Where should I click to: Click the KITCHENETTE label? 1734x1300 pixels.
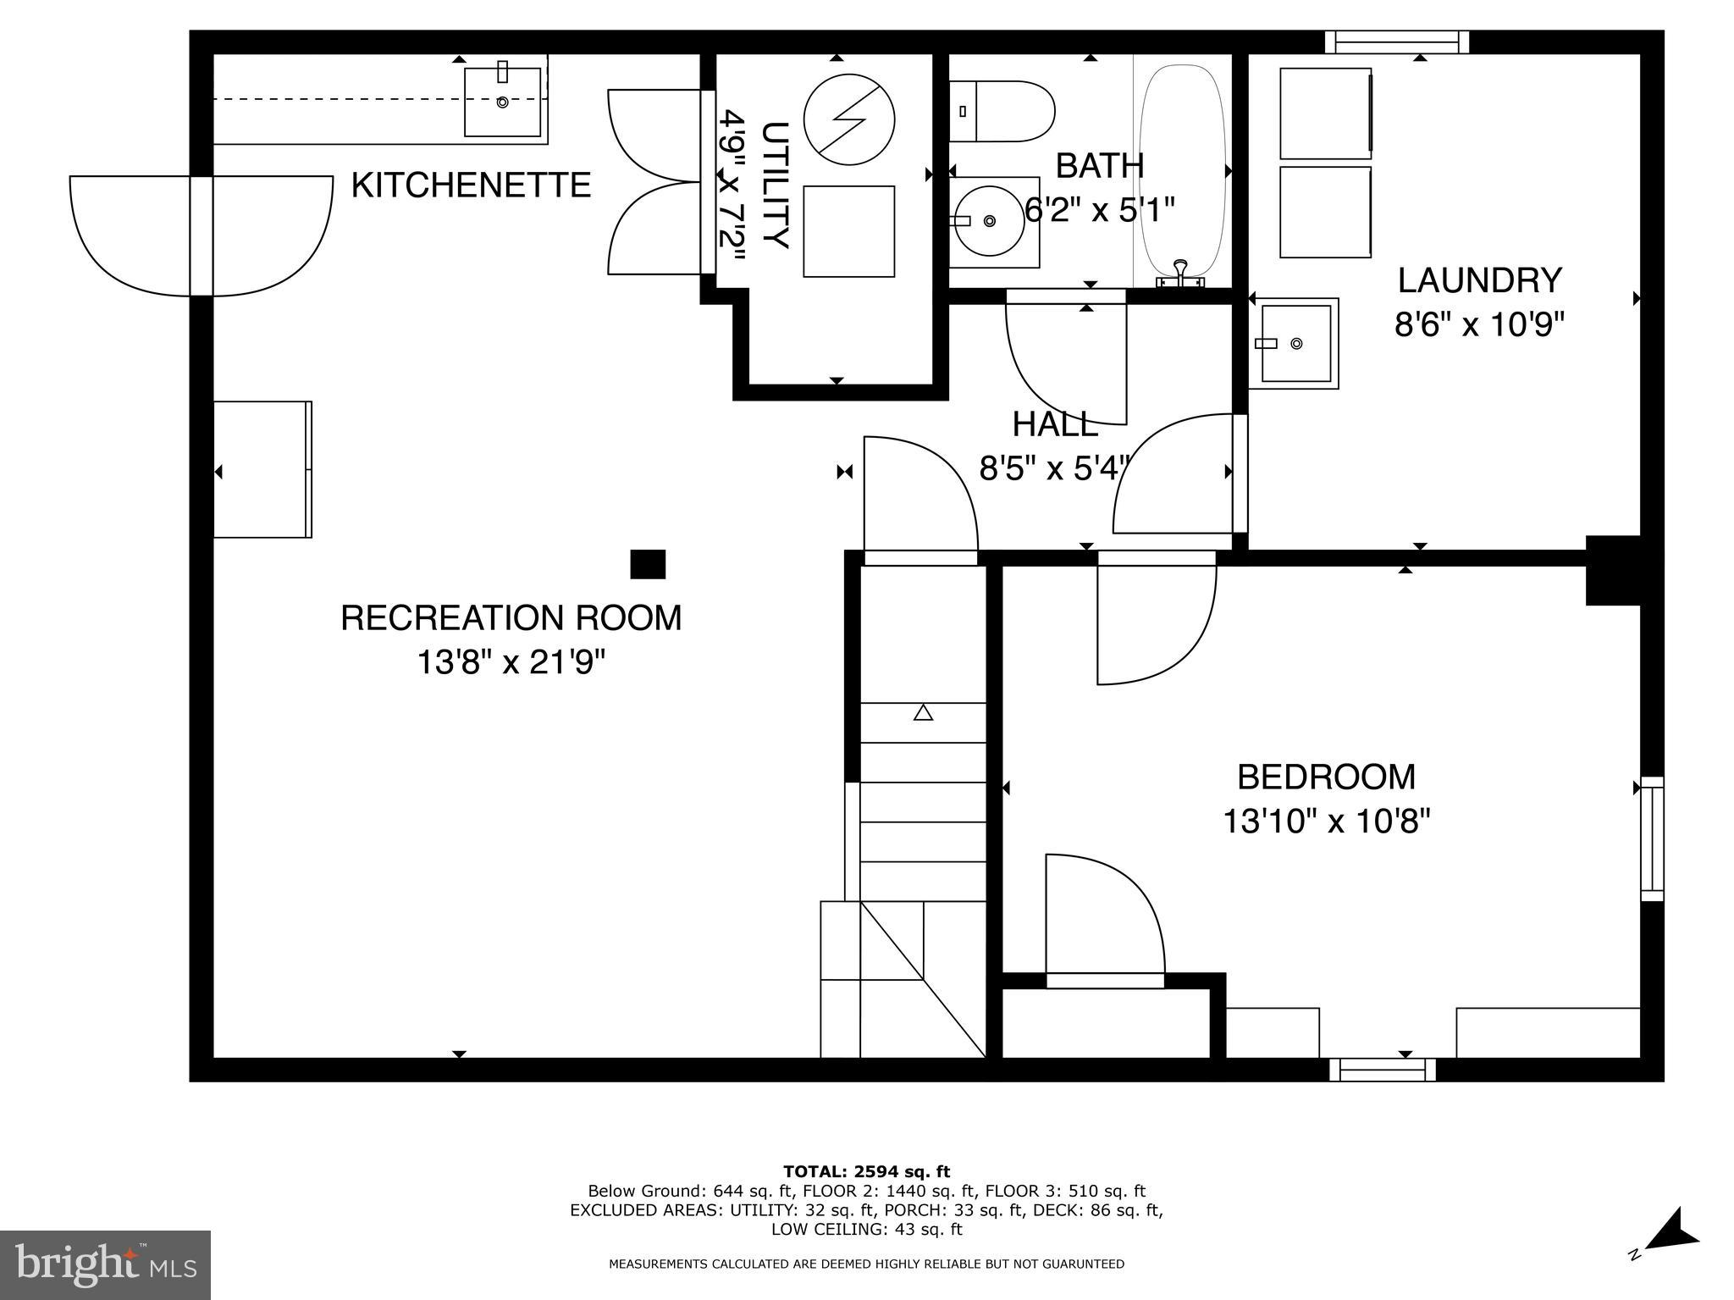pyautogui.click(x=471, y=185)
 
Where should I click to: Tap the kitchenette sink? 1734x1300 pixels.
pyautogui.click(x=502, y=102)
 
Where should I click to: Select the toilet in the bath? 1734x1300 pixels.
pyautogui.click(x=1002, y=111)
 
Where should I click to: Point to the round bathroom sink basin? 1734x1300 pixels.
pyautogui.click(x=989, y=221)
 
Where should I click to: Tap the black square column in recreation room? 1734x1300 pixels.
pyautogui.click(x=648, y=564)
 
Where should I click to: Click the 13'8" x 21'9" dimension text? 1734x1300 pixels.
pyautogui.click(x=511, y=662)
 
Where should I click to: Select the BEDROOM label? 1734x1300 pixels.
pyautogui.click(x=1326, y=777)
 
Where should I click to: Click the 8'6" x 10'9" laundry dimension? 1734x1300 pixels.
pyautogui.click(x=1478, y=324)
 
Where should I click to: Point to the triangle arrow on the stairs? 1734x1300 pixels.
pyautogui.click(x=923, y=713)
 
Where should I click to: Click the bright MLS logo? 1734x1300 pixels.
pyautogui.click(x=105, y=1264)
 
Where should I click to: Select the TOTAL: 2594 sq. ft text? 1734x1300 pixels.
pyautogui.click(x=866, y=1172)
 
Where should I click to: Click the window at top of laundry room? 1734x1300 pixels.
pyautogui.click(x=1396, y=42)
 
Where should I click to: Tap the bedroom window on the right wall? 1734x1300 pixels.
pyautogui.click(x=1652, y=838)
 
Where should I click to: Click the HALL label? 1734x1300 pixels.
pyautogui.click(x=1055, y=424)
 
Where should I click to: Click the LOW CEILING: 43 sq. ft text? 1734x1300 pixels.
pyautogui.click(x=866, y=1229)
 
